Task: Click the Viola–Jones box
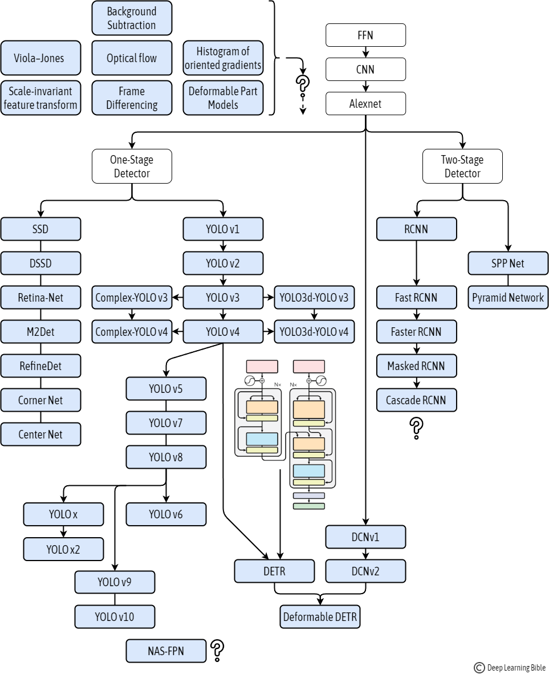click(40, 58)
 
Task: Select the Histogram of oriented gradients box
click(223, 58)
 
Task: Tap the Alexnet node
click(365, 104)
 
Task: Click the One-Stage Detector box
click(132, 167)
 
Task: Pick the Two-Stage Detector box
click(462, 167)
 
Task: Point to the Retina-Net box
click(40, 297)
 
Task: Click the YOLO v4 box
click(223, 331)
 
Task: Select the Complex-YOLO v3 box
click(132, 297)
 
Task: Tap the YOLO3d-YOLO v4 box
click(314, 331)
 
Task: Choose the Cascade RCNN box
click(417, 400)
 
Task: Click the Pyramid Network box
click(508, 298)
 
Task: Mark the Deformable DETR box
click(320, 617)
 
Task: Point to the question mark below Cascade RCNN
click(417, 428)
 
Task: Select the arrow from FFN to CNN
click(365, 52)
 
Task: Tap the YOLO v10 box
click(115, 616)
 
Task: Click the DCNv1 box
click(365, 537)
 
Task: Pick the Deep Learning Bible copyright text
click(509, 668)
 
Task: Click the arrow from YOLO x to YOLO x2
click(63, 531)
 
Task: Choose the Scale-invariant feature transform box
click(40, 98)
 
